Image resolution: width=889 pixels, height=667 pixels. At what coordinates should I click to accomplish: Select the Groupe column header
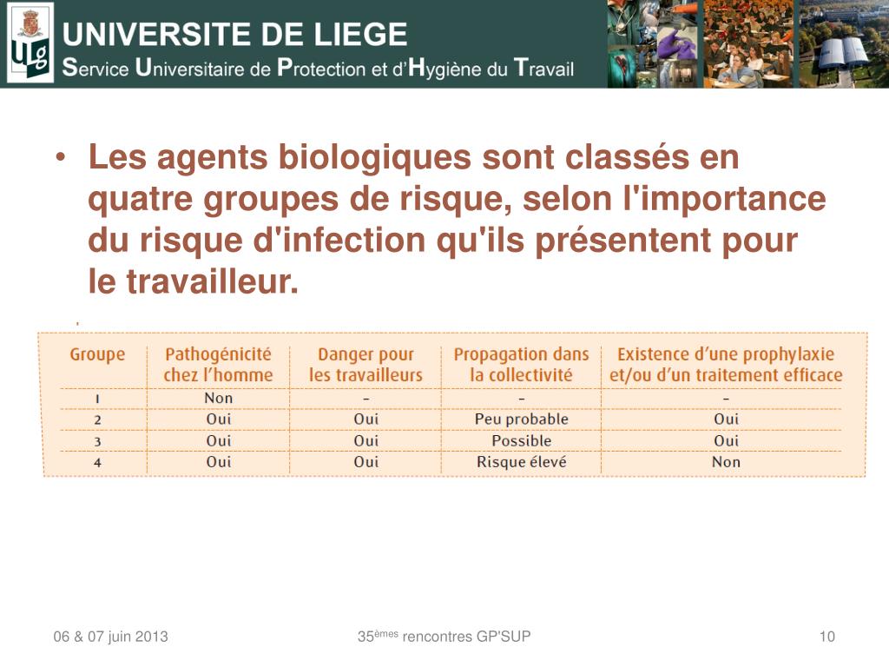coord(97,354)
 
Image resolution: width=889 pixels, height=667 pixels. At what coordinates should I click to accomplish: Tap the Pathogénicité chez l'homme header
coord(218,365)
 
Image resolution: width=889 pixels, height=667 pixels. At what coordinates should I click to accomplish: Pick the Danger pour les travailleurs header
coord(365,365)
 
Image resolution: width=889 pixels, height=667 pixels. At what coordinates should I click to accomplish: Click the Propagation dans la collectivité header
coord(521,365)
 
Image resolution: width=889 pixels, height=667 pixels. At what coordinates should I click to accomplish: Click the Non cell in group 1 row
coord(219,398)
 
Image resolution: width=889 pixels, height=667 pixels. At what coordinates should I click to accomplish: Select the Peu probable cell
coord(521,419)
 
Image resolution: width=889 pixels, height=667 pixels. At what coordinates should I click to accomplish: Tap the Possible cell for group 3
coord(521,440)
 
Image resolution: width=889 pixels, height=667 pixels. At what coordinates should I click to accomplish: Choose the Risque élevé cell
coord(521,462)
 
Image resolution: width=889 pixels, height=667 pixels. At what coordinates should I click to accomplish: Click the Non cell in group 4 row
coord(726,462)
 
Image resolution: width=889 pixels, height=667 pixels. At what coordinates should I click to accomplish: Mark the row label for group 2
coord(97,419)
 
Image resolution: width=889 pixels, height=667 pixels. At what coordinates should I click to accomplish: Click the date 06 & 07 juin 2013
coord(110,637)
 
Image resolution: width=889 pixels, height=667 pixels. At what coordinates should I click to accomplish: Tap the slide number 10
coord(826,637)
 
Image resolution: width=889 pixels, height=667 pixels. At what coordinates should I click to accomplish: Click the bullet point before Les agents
coord(62,159)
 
